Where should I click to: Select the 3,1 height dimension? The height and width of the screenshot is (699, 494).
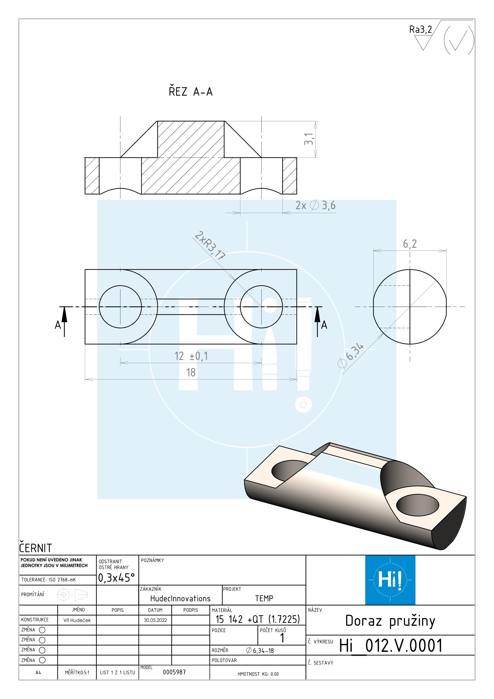click(309, 139)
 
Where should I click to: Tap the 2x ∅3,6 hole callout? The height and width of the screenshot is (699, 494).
click(315, 206)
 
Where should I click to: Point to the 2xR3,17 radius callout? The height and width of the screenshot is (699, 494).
click(210, 245)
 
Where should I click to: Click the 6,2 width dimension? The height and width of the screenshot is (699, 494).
click(410, 244)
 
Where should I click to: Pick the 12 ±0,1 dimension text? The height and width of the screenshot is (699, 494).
click(191, 356)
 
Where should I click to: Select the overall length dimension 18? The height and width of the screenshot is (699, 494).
click(191, 372)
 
